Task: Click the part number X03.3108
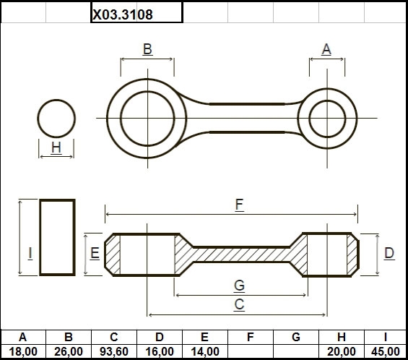[x=123, y=14]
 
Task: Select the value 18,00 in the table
[x=23, y=351]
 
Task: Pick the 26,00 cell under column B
[x=69, y=351]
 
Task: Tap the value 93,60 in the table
[x=114, y=351]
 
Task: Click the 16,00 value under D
[x=160, y=351]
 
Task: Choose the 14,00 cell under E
[x=205, y=351]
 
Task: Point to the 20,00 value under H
[x=342, y=351]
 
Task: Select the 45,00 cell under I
[x=386, y=351]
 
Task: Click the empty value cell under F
[x=251, y=351]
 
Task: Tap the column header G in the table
[x=296, y=337]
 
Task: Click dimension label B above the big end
[x=147, y=49]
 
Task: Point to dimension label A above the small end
[x=326, y=49]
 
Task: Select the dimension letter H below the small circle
[x=56, y=147]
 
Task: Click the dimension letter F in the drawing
[x=239, y=205]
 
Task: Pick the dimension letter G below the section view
[x=239, y=286]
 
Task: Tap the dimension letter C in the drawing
[x=239, y=304]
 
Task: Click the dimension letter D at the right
[x=389, y=253]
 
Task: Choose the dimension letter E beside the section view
[x=95, y=253]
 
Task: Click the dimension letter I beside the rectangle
[x=30, y=253]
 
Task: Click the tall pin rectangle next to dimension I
[x=40, y=237]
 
